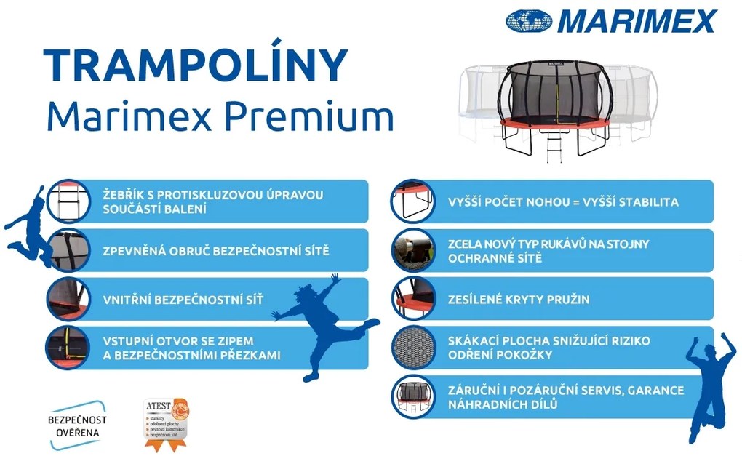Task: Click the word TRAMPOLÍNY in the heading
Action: tap(195, 66)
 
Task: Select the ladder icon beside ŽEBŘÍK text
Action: tap(68, 201)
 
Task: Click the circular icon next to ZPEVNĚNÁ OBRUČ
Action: tap(68, 250)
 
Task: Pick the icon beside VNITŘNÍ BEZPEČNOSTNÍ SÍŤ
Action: tap(68, 299)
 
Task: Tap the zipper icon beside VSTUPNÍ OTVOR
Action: tap(68, 348)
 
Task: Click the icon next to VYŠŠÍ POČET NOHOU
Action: tap(412, 201)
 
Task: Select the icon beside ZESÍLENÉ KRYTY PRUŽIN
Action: tap(412, 299)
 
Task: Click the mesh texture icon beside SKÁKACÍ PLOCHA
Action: tap(412, 348)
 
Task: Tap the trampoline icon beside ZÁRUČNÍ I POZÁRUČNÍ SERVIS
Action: tap(412, 397)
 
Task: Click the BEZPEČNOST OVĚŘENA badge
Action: tap(77, 426)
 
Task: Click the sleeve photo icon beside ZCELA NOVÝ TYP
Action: tap(412, 250)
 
